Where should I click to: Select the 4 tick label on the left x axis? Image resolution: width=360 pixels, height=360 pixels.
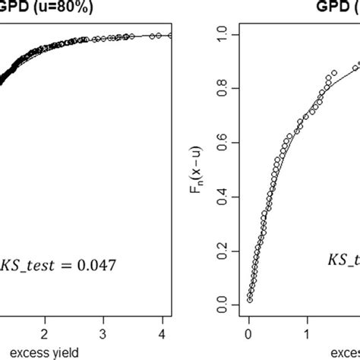coord(162,334)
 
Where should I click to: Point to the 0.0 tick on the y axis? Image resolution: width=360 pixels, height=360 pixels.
coord(222,305)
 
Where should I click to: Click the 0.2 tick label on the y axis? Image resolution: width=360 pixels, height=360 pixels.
coord(222,251)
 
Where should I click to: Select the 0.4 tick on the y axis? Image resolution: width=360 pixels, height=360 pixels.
coord(222,197)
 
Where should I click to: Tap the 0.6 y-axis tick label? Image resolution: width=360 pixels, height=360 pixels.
coord(222,143)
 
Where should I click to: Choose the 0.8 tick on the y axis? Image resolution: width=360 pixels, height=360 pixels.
coord(222,88)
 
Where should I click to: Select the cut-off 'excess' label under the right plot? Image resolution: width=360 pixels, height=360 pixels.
coord(343,353)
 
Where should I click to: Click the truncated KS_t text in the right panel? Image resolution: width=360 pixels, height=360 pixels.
coord(343,261)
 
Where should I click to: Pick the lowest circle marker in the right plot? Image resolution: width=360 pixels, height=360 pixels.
coord(249,300)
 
